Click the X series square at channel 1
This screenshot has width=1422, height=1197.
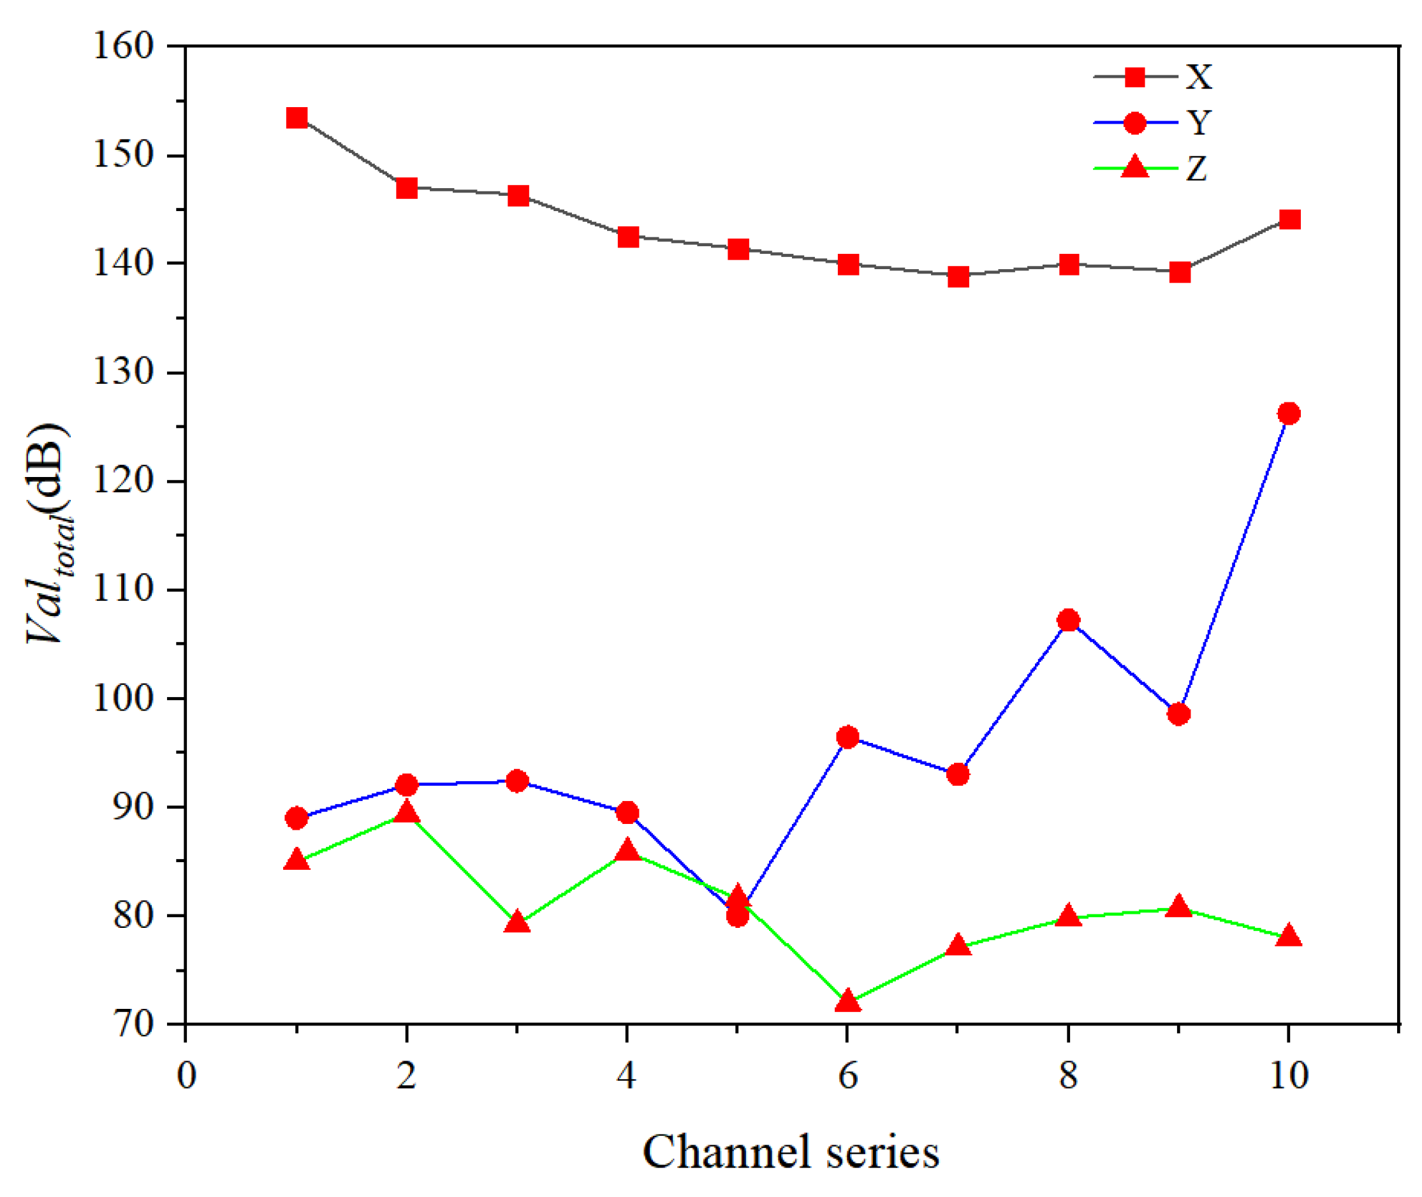pyautogui.click(x=297, y=118)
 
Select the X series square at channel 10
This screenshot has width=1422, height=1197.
pyautogui.click(x=1289, y=219)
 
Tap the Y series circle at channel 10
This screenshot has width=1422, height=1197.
pyautogui.click(x=1289, y=413)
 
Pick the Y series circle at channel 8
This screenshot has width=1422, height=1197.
pyautogui.click(x=1069, y=621)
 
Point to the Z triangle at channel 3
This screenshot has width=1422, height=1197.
pyautogui.click(x=517, y=922)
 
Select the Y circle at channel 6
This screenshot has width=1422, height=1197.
pyautogui.click(x=847, y=737)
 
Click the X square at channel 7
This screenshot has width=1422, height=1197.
pyautogui.click(x=958, y=276)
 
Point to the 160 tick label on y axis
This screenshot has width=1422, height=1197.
pyautogui.click(x=124, y=46)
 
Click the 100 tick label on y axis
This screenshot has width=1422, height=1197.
pyautogui.click(x=124, y=698)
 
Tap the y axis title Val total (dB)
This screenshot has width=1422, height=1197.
pyautogui.click(x=50, y=534)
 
